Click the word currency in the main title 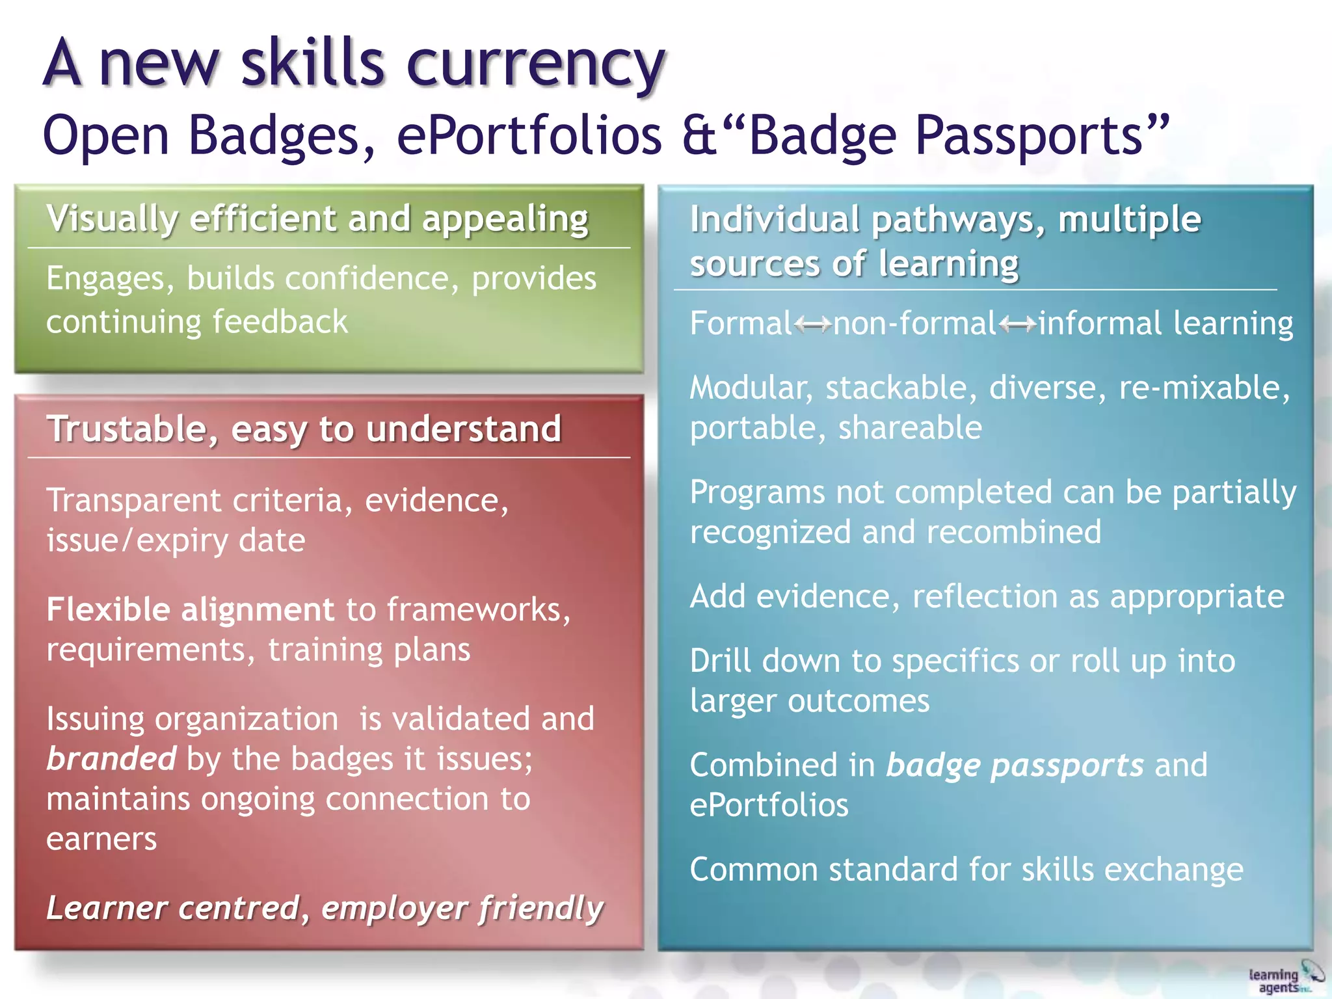535,65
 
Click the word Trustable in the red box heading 127,430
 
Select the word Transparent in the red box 134,501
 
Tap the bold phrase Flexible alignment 190,610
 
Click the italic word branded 111,758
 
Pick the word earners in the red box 101,839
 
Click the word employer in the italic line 393,909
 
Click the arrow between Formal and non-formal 812,323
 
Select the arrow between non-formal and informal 1018,323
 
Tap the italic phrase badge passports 1015,766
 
